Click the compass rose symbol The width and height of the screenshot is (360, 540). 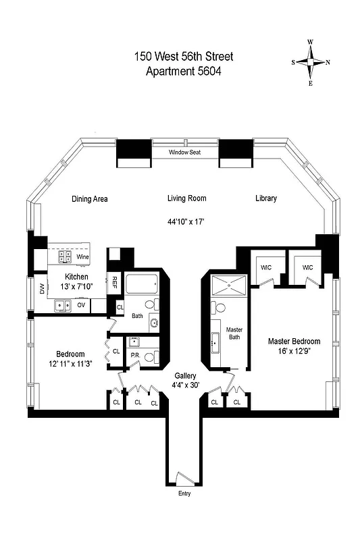coord(311,62)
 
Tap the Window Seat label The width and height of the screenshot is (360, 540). coord(185,153)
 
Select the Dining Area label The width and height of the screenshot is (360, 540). coord(90,199)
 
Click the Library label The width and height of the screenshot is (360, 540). coord(266,198)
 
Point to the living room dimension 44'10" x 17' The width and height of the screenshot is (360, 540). coord(187,221)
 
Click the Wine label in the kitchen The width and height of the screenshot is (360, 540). coord(83,257)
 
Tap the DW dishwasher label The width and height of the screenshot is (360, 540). coord(42,289)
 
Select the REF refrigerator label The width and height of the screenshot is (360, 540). coord(115,281)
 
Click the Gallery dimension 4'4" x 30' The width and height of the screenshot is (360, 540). coord(185,386)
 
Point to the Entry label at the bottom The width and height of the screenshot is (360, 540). coord(183,493)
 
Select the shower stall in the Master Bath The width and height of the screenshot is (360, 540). coord(230,286)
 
